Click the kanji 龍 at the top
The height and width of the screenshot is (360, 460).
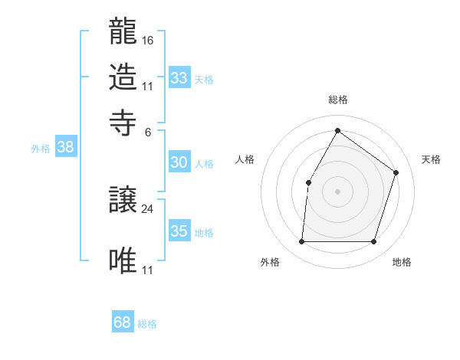pos(123,32)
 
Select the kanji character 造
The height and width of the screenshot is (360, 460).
pos(123,77)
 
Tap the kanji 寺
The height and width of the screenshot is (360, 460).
pos(123,123)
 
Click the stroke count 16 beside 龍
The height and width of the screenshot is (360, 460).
pos(148,40)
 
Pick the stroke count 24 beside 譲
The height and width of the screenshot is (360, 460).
pos(148,209)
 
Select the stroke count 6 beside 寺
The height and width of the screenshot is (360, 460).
pos(148,131)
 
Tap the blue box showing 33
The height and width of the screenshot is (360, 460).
pos(179,78)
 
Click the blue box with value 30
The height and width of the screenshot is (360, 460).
pos(179,162)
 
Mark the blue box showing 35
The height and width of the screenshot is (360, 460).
pos(179,231)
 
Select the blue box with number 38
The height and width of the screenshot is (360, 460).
pos(65,148)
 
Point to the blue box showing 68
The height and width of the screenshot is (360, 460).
pos(123,322)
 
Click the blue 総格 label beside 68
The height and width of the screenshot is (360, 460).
pos(147,324)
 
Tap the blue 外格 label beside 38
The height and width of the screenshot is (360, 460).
pos(41,149)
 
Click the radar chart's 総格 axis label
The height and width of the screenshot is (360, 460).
pos(338,100)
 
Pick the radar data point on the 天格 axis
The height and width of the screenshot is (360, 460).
pos(396,172)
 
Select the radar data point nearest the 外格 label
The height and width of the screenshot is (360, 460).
pos(301,242)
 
